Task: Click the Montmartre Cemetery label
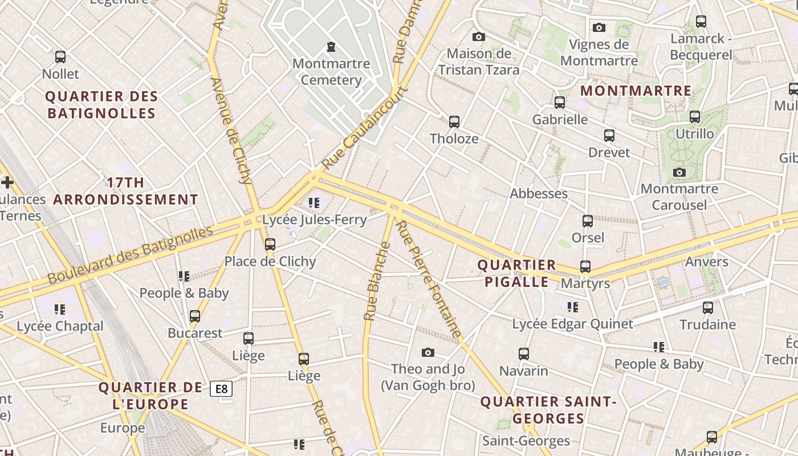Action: pyautogui.click(x=331, y=72)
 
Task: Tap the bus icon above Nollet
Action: pyautogui.click(x=60, y=57)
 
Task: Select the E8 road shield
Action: pyautogui.click(x=221, y=389)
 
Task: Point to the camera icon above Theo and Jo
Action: pyautogui.click(x=427, y=352)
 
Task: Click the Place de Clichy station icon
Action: pyautogui.click(x=270, y=245)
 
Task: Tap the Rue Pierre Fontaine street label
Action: pyautogui.click(x=428, y=279)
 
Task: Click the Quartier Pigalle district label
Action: pyautogui.click(x=516, y=273)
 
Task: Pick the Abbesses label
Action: pyautogui.click(x=539, y=193)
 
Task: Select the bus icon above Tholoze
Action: pyautogui.click(x=454, y=122)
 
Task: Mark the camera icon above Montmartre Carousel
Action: pyautogui.click(x=679, y=172)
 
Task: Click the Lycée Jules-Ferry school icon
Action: pyautogui.click(x=313, y=202)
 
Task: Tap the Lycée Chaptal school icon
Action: pyautogui.click(x=60, y=310)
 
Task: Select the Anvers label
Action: pyautogui.click(x=707, y=262)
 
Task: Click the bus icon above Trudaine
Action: pyautogui.click(x=708, y=308)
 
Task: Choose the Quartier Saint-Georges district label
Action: pyautogui.click(x=548, y=410)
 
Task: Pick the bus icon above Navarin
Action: pyautogui.click(x=524, y=354)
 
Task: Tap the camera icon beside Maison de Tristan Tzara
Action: pyautogui.click(x=479, y=37)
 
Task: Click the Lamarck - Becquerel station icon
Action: pyautogui.click(x=701, y=22)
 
